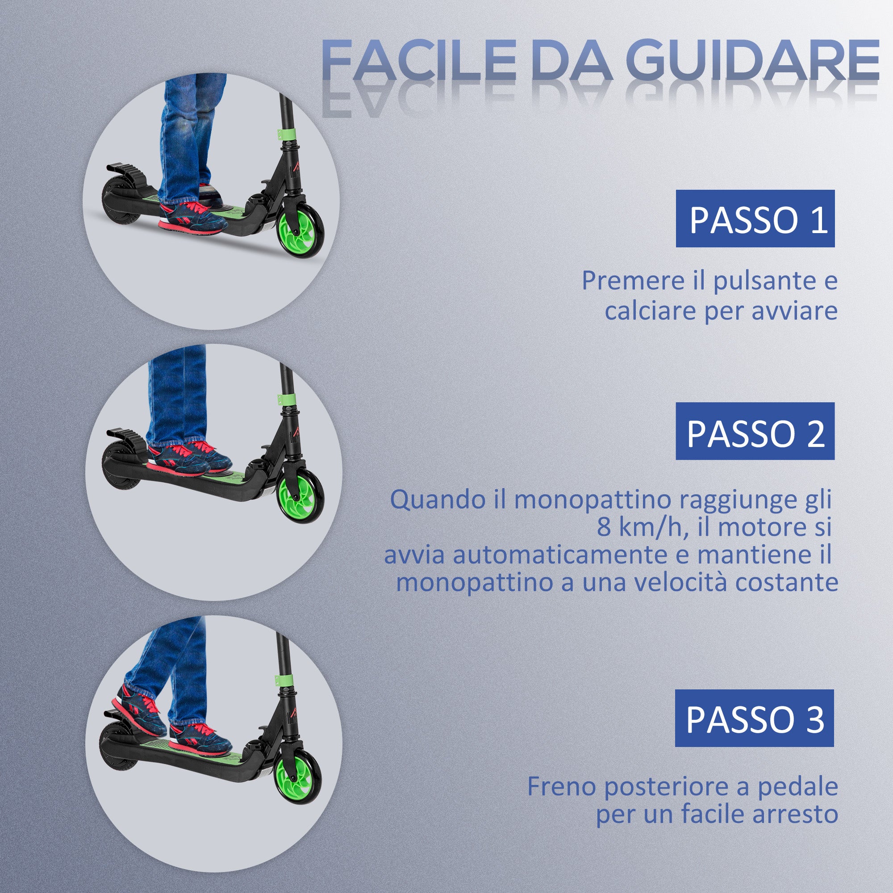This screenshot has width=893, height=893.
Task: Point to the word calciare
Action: point(651,311)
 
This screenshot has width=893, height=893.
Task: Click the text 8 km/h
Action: point(639,527)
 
